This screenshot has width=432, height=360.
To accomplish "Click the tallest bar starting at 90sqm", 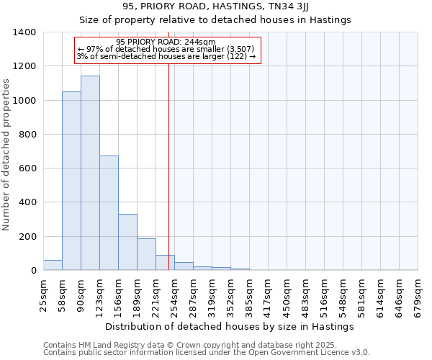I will click(90, 173).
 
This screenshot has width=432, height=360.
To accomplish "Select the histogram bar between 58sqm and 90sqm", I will click(71, 181).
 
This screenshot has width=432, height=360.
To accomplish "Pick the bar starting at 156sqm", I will click(127, 242).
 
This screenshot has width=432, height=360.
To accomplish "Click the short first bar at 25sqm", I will click(53, 265).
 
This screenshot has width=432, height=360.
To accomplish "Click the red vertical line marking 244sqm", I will click(168, 180).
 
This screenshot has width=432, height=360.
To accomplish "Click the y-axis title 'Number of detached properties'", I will click(7, 152).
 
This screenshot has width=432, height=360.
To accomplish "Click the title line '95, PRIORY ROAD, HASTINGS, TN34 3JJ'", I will click(215, 6).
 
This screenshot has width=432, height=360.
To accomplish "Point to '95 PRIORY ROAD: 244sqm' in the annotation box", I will click(166, 42).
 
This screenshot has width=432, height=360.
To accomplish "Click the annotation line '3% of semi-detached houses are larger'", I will click(166, 56).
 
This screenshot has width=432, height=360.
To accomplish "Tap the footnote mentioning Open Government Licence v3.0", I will click(206, 352).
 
